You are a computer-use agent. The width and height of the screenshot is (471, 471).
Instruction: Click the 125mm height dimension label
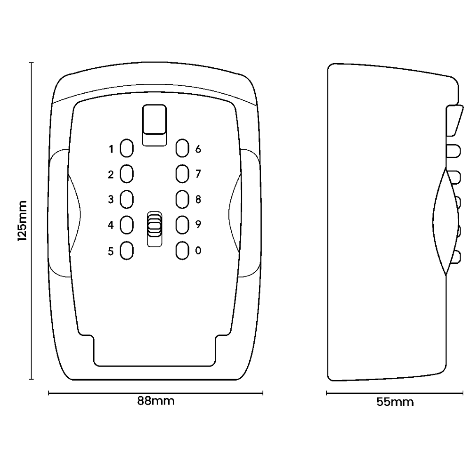point(22,220)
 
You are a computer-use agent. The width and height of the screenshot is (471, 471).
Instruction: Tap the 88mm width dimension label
point(156,401)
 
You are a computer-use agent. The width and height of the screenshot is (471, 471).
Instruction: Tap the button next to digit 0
point(182,251)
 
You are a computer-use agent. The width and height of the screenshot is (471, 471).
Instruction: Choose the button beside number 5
point(126,251)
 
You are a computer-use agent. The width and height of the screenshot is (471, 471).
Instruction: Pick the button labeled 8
point(182,200)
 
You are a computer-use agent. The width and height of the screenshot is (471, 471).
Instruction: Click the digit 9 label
point(198,225)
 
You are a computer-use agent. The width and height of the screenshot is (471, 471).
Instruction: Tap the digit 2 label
point(111,175)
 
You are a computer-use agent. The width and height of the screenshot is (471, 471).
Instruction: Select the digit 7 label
point(198,174)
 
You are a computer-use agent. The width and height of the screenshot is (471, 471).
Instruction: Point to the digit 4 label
point(111,225)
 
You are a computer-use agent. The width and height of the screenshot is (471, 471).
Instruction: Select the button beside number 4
point(126,225)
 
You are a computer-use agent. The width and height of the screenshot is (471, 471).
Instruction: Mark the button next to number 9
point(182,225)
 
